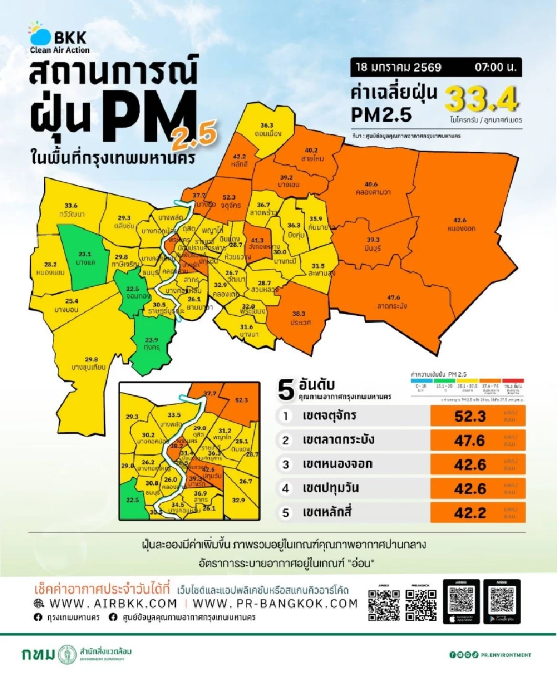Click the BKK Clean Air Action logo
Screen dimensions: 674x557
coord(60,38)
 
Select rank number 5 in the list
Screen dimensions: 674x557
coord(285,512)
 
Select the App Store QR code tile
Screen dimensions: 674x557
coord(461,601)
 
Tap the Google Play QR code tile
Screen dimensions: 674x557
coord(502,601)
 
